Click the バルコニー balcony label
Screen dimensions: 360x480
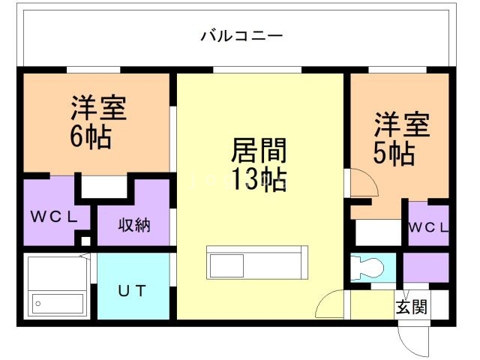[x=241, y=35]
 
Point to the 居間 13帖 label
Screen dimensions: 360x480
[x=258, y=165]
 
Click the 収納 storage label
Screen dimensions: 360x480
[x=134, y=225]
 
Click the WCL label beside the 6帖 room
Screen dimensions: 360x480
[x=52, y=217]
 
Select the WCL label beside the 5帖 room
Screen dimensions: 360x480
[x=428, y=227]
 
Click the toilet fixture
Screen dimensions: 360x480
[x=367, y=268]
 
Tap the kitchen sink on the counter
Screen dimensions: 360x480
[x=226, y=265]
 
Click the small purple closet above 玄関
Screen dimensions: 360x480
[x=426, y=267]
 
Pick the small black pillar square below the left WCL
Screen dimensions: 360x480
[x=85, y=241]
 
